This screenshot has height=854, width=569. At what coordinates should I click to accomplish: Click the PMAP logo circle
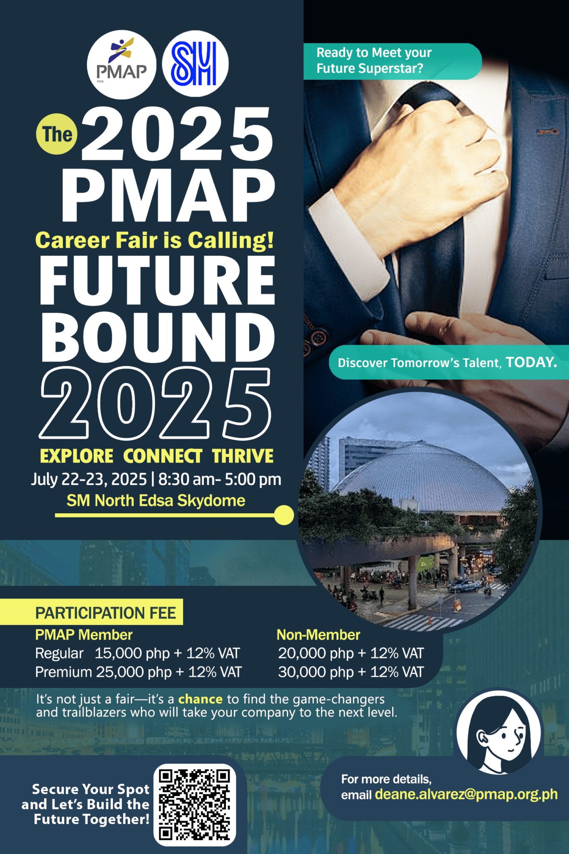[121, 65]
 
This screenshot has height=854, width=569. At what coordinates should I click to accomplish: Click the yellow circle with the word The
[57, 134]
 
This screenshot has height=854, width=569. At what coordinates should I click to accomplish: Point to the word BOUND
[158, 338]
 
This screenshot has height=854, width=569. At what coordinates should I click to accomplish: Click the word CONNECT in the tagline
[163, 456]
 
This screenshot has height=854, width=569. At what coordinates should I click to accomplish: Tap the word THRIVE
[243, 456]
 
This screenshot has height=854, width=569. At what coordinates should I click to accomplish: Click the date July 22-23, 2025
[89, 480]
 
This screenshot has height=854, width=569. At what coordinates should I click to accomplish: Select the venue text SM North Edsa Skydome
[156, 500]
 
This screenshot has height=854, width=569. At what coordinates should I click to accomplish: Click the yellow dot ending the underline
[284, 515]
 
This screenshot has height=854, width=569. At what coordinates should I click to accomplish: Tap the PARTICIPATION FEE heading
[105, 613]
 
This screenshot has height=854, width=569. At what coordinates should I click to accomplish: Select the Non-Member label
[318, 635]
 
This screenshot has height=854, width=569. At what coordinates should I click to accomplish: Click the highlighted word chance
[200, 699]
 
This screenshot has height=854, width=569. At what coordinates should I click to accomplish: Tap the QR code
[195, 805]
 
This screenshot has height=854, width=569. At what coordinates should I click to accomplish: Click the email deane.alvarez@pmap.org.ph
[466, 794]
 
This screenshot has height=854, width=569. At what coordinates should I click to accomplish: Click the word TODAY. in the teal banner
[531, 362]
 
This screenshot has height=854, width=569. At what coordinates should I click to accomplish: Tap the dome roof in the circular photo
[421, 475]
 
